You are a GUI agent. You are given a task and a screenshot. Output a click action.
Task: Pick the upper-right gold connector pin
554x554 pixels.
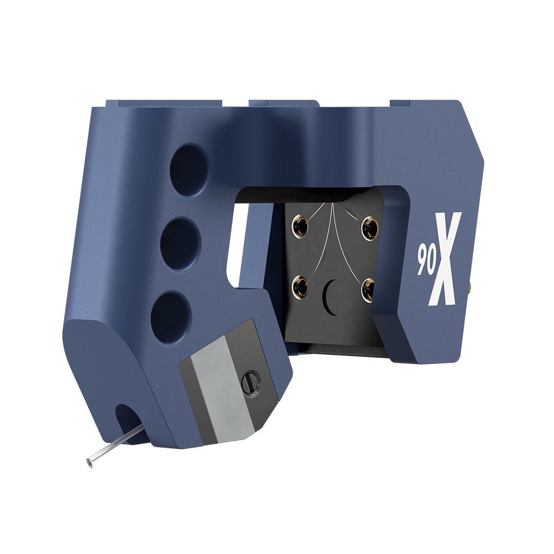coord(370,225)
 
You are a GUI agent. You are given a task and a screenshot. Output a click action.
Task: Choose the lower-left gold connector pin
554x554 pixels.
coord(300,288)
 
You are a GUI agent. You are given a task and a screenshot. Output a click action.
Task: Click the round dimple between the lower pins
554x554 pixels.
coord(333,297)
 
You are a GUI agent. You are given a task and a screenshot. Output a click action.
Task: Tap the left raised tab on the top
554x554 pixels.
coord(164,104)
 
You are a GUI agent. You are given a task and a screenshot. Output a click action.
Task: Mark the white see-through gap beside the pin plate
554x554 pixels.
coord(235,241)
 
